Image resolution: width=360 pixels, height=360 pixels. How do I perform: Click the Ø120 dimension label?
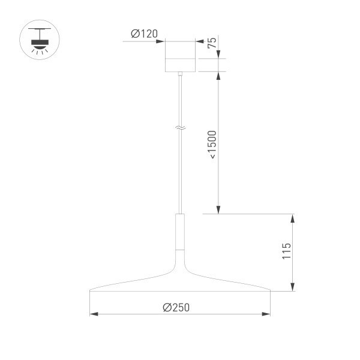(x=144, y=34)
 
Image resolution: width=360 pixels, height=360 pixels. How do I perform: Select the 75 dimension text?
(x=212, y=43)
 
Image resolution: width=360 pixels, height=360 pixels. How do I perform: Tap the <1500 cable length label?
(x=212, y=144)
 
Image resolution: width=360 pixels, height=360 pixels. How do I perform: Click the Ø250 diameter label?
(x=176, y=307)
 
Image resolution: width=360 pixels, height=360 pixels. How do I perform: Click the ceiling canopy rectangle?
(x=181, y=56)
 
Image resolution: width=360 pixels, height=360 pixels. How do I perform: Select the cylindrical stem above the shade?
(x=180, y=230)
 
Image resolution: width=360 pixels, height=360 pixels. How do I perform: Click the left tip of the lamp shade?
(x=91, y=292)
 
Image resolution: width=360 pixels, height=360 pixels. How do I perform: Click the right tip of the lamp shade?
(x=269, y=292)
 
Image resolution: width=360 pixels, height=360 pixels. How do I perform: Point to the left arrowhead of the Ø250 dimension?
(x=93, y=313)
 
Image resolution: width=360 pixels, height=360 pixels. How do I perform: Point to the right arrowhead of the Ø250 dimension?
(x=267, y=313)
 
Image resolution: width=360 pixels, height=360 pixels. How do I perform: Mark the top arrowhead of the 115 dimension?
(x=292, y=217)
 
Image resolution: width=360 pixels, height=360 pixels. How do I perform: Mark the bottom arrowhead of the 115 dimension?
(x=292, y=288)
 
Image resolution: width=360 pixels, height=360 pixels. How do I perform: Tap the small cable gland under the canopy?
(x=180, y=74)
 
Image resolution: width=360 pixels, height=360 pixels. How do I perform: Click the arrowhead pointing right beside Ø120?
(x=161, y=41)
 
